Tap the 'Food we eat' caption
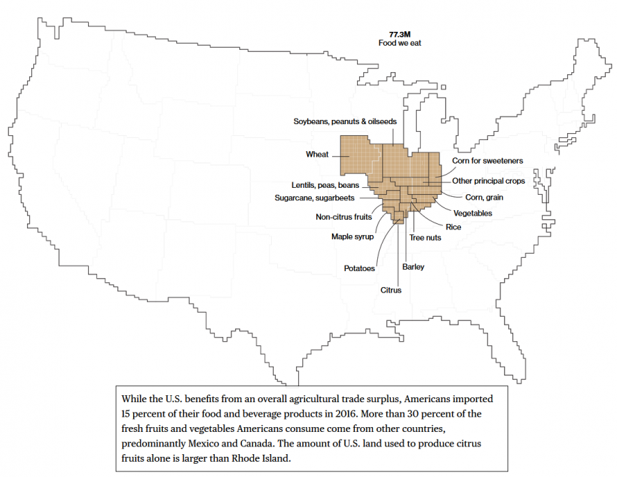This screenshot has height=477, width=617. [x=400, y=43]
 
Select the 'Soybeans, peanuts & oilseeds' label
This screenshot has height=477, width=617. [x=345, y=121]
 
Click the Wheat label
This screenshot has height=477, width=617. [x=317, y=155]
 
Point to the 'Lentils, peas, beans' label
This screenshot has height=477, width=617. [x=325, y=185]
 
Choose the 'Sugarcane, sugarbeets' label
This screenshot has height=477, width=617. [x=315, y=198]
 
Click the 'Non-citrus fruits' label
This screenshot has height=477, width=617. [x=339, y=217]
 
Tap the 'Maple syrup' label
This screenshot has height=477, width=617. [x=352, y=236]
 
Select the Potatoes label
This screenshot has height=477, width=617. [x=359, y=268]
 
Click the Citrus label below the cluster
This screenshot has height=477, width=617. [x=390, y=290]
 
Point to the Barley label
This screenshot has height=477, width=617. [x=413, y=267]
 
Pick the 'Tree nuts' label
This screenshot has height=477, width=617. [x=425, y=238]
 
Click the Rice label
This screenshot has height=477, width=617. [x=453, y=227]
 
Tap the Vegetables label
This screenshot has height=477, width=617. [x=473, y=213]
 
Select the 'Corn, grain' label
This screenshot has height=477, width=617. [x=484, y=198]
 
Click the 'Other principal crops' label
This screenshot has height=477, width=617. [x=488, y=181]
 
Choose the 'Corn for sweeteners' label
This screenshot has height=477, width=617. [x=487, y=161]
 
